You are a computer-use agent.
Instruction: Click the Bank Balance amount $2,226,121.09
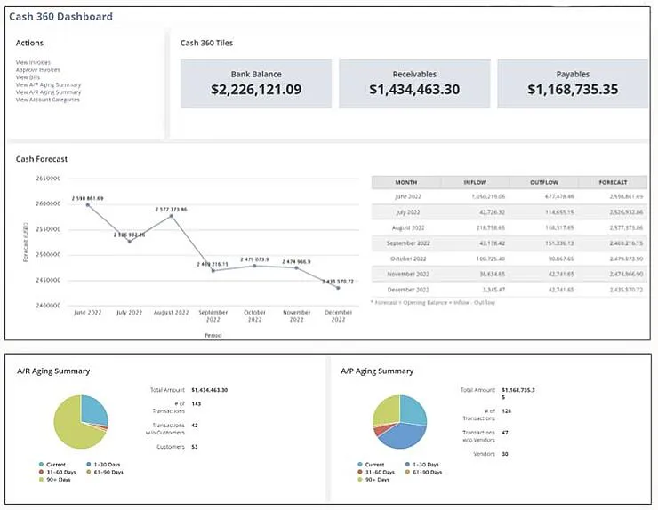click(x=256, y=90)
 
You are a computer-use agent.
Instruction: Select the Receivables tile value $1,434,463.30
click(x=414, y=90)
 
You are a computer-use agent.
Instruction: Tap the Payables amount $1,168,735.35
click(x=572, y=90)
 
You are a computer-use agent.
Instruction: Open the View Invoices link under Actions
click(x=33, y=62)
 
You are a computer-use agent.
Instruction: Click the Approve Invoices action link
click(x=37, y=69)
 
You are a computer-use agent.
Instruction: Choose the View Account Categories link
click(x=47, y=100)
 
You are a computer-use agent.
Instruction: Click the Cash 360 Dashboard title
click(x=60, y=17)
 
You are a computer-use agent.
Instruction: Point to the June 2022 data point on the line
click(x=88, y=204)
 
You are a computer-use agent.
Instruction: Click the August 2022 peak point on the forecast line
click(x=171, y=216)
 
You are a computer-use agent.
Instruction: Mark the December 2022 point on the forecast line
click(x=338, y=288)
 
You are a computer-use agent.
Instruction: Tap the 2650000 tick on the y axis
click(x=47, y=178)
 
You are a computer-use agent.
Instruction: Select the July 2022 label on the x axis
click(x=129, y=313)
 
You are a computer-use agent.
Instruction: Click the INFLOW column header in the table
click(x=475, y=182)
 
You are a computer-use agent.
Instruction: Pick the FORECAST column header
click(x=613, y=182)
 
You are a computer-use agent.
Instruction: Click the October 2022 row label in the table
click(x=405, y=259)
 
